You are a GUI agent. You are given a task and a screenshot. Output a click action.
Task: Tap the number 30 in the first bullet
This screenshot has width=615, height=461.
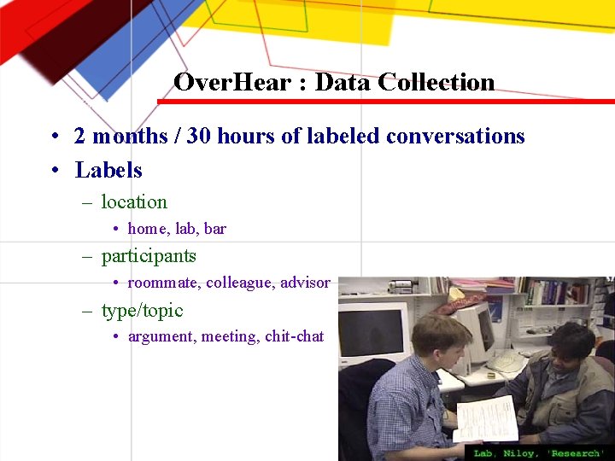pyautogui.click(x=199, y=137)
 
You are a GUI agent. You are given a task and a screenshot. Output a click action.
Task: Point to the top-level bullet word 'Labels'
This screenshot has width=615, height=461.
pyautogui.click(x=108, y=170)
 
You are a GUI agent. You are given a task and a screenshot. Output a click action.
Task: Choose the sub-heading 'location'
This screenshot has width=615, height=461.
pyautogui.click(x=134, y=202)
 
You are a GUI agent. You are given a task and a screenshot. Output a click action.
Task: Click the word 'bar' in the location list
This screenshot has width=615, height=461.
pyautogui.click(x=215, y=229)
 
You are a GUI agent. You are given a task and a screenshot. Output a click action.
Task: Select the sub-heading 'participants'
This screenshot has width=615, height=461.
pyautogui.click(x=149, y=256)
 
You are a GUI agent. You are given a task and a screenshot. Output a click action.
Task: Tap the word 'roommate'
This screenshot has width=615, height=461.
pyautogui.click(x=164, y=283)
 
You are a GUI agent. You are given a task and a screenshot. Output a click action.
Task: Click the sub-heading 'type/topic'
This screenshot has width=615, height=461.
pyautogui.click(x=142, y=311)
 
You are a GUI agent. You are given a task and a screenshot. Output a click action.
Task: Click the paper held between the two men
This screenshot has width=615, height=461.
pyautogui.click(x=488, y=417)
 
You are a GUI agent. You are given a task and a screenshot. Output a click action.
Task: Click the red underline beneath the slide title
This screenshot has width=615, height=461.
pyautogui.click(x=384, y=102)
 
